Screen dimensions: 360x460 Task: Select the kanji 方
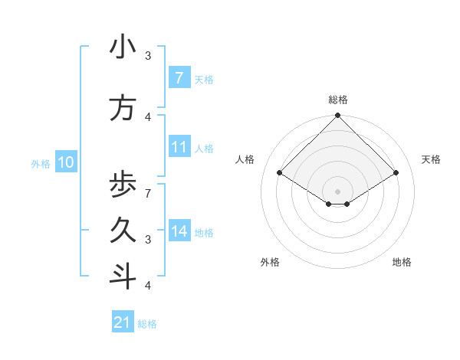coord(123,108)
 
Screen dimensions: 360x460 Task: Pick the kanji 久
coord(123,230)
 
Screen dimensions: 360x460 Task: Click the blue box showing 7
coord(179,78)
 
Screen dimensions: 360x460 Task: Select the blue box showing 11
coord(179,147)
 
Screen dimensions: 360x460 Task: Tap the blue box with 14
coord(179,231)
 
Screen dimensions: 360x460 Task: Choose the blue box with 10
coord(65,162)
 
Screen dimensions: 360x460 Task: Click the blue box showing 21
coord(123,322)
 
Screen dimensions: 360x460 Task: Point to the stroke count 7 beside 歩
coord(147,186)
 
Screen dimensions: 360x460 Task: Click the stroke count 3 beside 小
coord(148,56)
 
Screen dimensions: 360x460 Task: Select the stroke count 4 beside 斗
coord(147,286)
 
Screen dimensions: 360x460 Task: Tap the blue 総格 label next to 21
coord(147,324)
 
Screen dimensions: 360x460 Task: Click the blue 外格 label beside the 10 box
coord(40,163)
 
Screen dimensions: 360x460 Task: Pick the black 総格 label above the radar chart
coord(337,100)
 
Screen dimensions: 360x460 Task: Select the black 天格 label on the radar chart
coord(431,159)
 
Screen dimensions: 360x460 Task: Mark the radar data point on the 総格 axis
coord(337,116)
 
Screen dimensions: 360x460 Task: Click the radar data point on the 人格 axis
coord(279,172)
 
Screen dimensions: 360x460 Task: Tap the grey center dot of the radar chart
coord(337,191)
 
